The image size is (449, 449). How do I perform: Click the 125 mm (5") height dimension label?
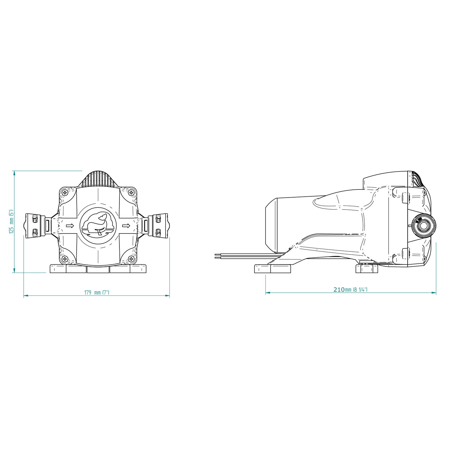pyautogui.click(x=11, y=222)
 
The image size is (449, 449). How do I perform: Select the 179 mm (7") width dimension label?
pyautogui.click(x=97, y=292)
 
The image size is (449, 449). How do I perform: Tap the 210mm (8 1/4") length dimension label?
pyautogui.click(x=350, y=289)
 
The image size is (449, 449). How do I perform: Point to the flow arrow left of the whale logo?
pyautogui.click(x=70, y=226)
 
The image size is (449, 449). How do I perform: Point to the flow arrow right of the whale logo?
pyautogui.click(x=126, y=226)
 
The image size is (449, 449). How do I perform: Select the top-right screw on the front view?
pyautogui.click(x=131, y=192)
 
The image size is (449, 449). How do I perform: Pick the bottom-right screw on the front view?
pyautogui.click(x=131, y=259)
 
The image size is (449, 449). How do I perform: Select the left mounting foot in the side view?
pyautogui.click(x=272, y=269)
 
